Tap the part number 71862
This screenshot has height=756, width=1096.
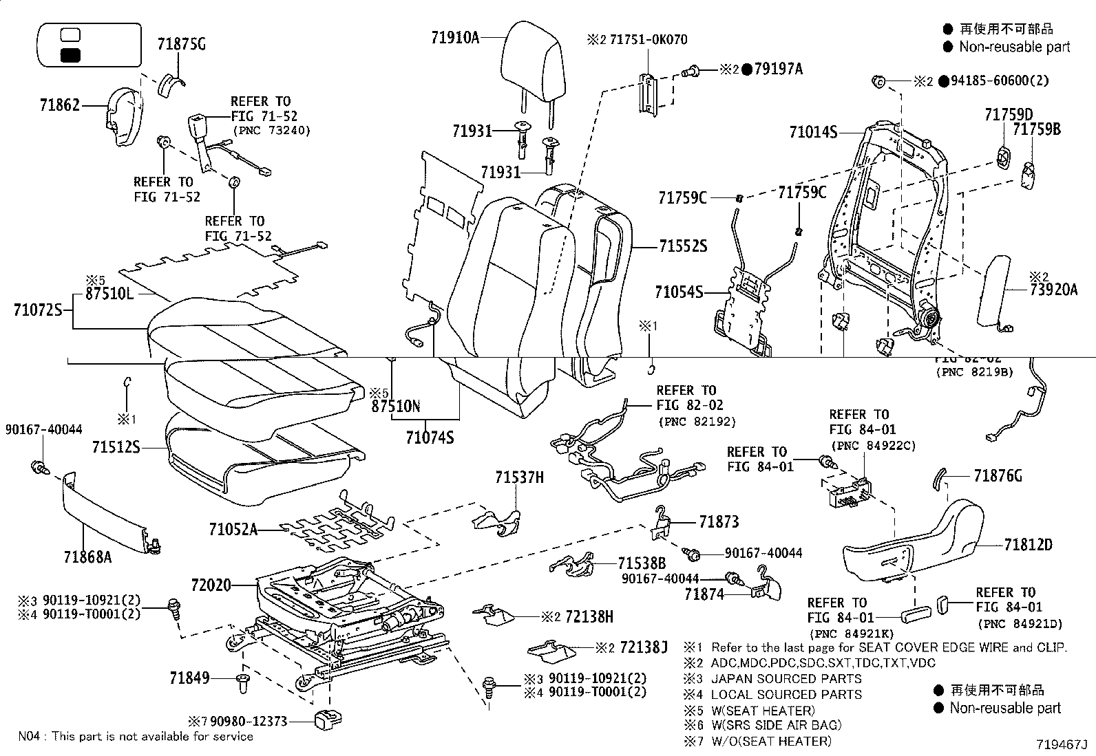[x=61, y=105]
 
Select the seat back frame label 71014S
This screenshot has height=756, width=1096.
[x=812, y=131]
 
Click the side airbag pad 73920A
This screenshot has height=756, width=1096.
[x=995, y=289]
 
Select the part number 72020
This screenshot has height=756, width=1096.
[x=210, y=586]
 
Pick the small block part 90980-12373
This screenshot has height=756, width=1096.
[x=325, y=720]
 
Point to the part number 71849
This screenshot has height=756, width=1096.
[x=189, y=678]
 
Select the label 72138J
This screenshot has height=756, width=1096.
[x=644, y=647]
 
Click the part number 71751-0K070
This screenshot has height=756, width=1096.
[x=647, y=39]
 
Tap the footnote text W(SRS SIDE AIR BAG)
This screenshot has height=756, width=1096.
[x=776, y=724]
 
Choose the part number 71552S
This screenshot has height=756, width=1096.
[x=683, y=246]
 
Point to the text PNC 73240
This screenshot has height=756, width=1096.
[x=272, y=130]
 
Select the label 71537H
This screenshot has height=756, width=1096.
[x=519, y=477]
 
